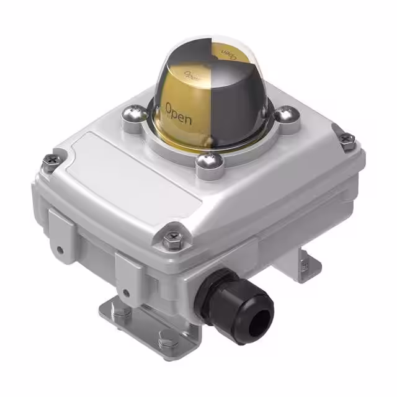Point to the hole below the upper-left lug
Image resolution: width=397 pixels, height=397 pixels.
coord(60,251)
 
